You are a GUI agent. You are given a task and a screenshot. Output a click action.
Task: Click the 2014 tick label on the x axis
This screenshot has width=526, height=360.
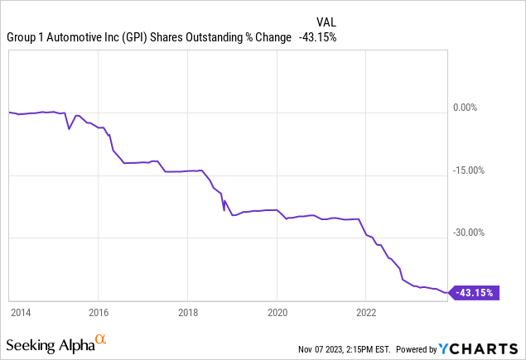(x=21, y=313)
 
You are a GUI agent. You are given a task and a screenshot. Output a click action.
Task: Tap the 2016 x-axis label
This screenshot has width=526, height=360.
(x=98, y=313)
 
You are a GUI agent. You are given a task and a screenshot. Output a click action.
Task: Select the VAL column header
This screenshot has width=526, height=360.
(x=326, y=22)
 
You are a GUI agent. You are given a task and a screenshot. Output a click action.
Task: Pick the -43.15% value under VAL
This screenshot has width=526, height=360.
(x=317, y=37)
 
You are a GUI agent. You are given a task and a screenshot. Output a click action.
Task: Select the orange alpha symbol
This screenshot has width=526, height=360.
(x=100, y=340)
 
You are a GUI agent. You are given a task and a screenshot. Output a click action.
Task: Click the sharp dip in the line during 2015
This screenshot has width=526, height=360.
(x=69, y=130)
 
